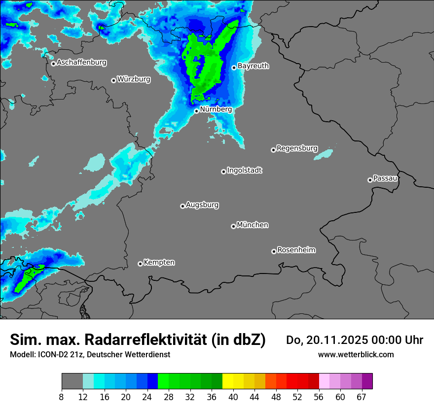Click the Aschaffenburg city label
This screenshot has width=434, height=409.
[x=81, y=63]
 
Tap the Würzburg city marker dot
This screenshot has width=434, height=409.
[x=113, y=80]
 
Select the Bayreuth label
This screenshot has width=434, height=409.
[x=253, y=66]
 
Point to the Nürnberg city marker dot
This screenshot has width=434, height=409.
[x=196, y=111]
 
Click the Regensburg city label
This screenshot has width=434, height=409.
[x=297, y=148]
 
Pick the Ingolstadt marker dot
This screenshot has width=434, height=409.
[x=223, y=171]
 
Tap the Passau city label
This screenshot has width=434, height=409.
[x=385, y=178]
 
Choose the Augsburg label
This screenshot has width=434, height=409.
[x=202, y=204]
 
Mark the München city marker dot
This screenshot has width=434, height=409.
[x=233, y=226]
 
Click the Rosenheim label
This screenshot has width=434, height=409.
[x=296, y=250]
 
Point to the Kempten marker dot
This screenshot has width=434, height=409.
[x=140, y=264]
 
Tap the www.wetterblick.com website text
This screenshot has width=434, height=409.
[x=356, y=354]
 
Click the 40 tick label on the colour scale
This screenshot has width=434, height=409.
[x=233, y=397]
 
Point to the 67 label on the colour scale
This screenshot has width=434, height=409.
[x=362, y=397]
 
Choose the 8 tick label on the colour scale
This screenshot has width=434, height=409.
[x=62, y=397]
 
